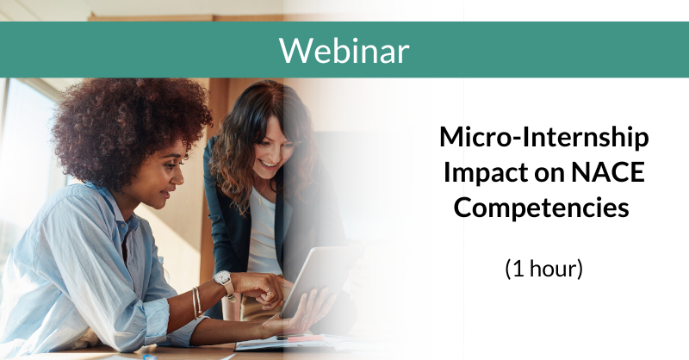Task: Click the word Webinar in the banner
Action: [x=344, y=51]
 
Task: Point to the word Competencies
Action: [x=543, y=208]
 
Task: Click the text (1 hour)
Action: [x=543, y=268]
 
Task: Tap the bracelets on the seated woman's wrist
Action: [x=197, y=301]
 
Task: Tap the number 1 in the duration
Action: [x=516, y=268]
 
